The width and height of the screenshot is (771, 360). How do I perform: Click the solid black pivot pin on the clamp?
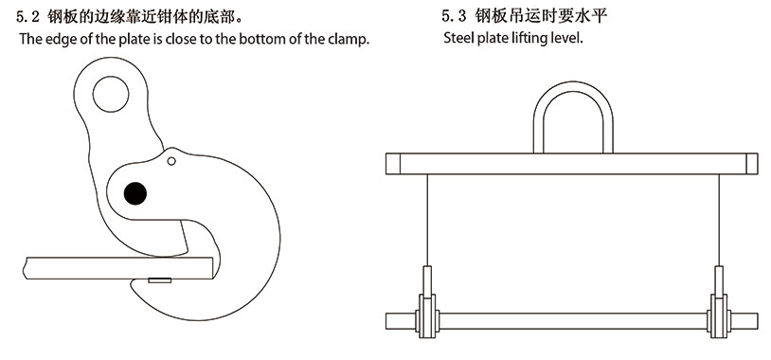click(x=135, y=193)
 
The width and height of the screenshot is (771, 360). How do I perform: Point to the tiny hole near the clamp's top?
click(x=171, y=161)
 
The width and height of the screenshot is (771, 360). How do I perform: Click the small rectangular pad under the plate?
click(x=160, y=280)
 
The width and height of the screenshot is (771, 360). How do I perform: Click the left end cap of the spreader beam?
click(x=393, y=164)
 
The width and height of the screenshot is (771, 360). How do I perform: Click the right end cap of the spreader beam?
click(x=752, y=164)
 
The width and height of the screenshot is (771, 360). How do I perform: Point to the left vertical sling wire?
click(x=427, y=221)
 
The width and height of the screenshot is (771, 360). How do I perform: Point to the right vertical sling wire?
click(x=719, y=221)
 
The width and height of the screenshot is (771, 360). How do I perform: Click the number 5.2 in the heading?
click(x=28, y=18)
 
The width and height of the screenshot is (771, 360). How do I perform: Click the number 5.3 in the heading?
click(x=454, y=17)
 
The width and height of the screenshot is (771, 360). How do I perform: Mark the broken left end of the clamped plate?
click(x=25, y=268)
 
